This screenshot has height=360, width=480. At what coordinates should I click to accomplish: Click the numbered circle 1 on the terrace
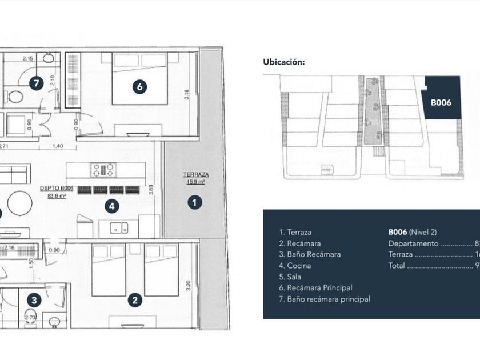[x=195, y=202]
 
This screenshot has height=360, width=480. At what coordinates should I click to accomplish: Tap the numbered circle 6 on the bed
[x=139, y=87]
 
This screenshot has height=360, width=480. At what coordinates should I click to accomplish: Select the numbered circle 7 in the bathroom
[x=36, y=83]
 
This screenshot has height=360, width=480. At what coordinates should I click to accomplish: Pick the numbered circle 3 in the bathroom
[x=35, y=300]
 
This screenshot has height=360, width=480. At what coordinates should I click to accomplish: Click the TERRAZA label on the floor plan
[x=195, y=175]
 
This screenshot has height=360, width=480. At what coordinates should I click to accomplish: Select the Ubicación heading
[x=283, y=62]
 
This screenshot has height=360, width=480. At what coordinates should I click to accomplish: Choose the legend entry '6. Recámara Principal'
[x=315, y=287]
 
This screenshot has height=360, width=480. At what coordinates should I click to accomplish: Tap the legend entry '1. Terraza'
[x=295, y=232]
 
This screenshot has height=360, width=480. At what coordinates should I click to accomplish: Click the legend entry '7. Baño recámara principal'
[x=324, y=299]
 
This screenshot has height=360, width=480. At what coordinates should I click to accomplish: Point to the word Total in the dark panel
[x=396, y=265]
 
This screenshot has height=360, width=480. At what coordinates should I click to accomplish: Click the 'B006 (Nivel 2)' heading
[x=412, y=232]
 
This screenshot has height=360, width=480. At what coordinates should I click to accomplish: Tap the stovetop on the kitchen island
[x=103, y=170]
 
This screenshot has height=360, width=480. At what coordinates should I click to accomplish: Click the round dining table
[x=20, y=203]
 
